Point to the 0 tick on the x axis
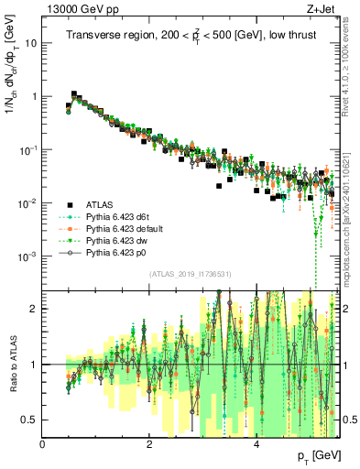click(x=42, y=444)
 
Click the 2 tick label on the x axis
click(x=149, y=444)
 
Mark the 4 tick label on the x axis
click(x=256, y=444)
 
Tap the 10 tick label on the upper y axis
click(x=28, y=43)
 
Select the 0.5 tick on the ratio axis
click(x=27, y=420)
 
